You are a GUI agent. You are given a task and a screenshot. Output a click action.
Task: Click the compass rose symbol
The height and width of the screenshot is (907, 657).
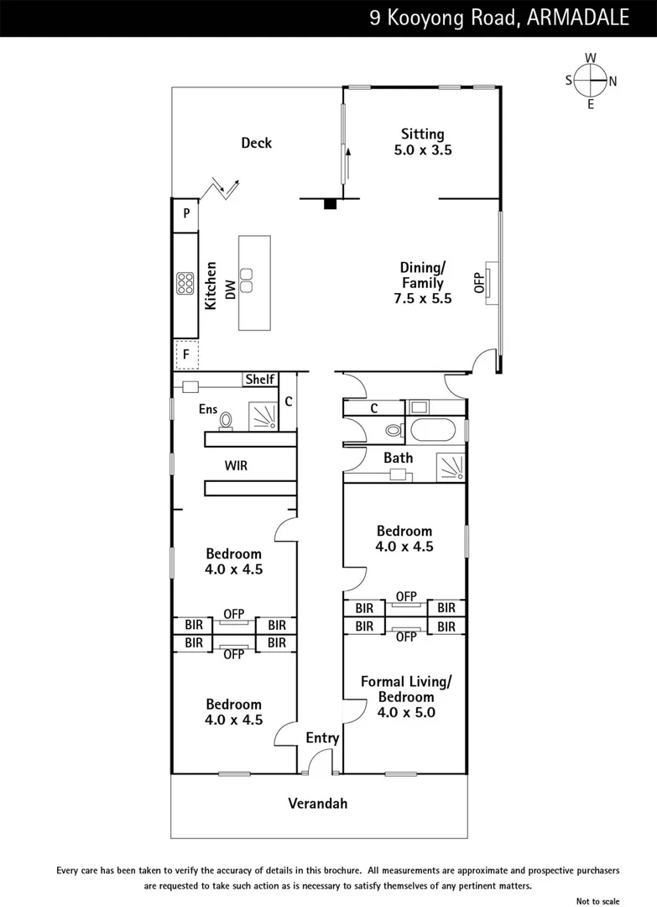591,81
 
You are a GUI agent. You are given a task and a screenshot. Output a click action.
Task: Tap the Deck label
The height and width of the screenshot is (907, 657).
257,143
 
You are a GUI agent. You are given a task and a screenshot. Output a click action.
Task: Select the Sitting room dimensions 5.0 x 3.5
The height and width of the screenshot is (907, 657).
423,149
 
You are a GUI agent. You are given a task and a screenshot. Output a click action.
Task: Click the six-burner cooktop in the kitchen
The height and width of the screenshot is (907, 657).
185,284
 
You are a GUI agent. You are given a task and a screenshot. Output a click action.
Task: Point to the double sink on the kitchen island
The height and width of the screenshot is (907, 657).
247,280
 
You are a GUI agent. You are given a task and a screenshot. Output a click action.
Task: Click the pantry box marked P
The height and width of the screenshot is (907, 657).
186,214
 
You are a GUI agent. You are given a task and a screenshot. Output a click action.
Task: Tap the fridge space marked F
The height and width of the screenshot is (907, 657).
186,354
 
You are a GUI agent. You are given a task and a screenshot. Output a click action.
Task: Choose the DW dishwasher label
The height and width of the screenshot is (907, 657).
230,289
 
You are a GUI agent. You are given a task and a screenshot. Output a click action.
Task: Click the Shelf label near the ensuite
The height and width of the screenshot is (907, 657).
260,379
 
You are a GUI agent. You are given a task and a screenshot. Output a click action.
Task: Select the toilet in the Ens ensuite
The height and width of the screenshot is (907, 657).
226,421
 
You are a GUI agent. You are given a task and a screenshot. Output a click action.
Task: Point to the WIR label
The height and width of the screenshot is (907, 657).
236,465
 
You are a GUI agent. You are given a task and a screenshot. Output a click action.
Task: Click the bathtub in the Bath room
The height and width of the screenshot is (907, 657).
433,430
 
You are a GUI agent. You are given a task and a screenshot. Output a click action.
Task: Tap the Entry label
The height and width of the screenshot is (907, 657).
322,738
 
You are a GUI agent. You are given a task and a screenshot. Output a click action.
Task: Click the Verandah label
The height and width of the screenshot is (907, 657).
318,804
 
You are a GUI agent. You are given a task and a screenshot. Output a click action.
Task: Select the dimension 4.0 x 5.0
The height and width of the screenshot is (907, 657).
406,713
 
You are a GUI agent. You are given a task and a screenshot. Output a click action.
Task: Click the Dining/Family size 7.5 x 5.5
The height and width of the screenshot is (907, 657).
423,298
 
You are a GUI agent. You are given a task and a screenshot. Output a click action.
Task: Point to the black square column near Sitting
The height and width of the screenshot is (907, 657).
330,203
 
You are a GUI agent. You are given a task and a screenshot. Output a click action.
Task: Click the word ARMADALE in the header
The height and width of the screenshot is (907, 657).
578,18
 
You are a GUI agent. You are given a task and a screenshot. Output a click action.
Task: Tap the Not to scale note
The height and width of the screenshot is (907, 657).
597,900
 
